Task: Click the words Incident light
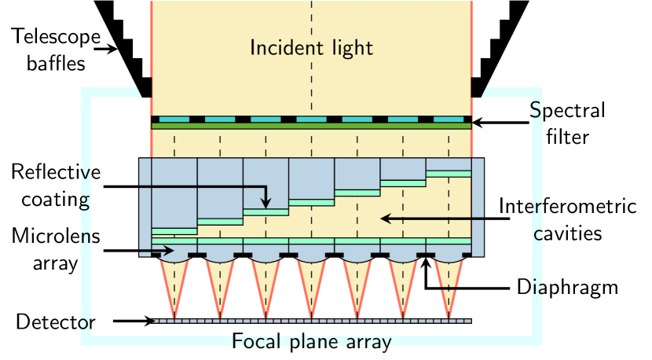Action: pos(311,48)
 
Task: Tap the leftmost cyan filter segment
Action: pos(174,119)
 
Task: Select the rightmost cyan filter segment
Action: pos(449,119)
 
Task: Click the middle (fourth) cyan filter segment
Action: pos(311,119)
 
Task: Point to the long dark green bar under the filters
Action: pos(311,126)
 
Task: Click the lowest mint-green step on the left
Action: pos(174,231)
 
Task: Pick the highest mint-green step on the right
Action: pos(449,174)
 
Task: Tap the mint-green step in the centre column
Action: pos(311,203)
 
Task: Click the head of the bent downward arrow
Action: pos(266,205)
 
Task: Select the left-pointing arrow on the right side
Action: pos(424,218)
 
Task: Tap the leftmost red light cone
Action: pos(174,283)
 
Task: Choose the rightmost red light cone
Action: pos(449,283)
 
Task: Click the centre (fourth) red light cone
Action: pos(311,283)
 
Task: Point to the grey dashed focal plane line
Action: pos(311,321)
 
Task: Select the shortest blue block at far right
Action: pos(449,164)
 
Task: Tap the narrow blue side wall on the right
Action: pos(478,206)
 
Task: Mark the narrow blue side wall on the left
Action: pos(145,206)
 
